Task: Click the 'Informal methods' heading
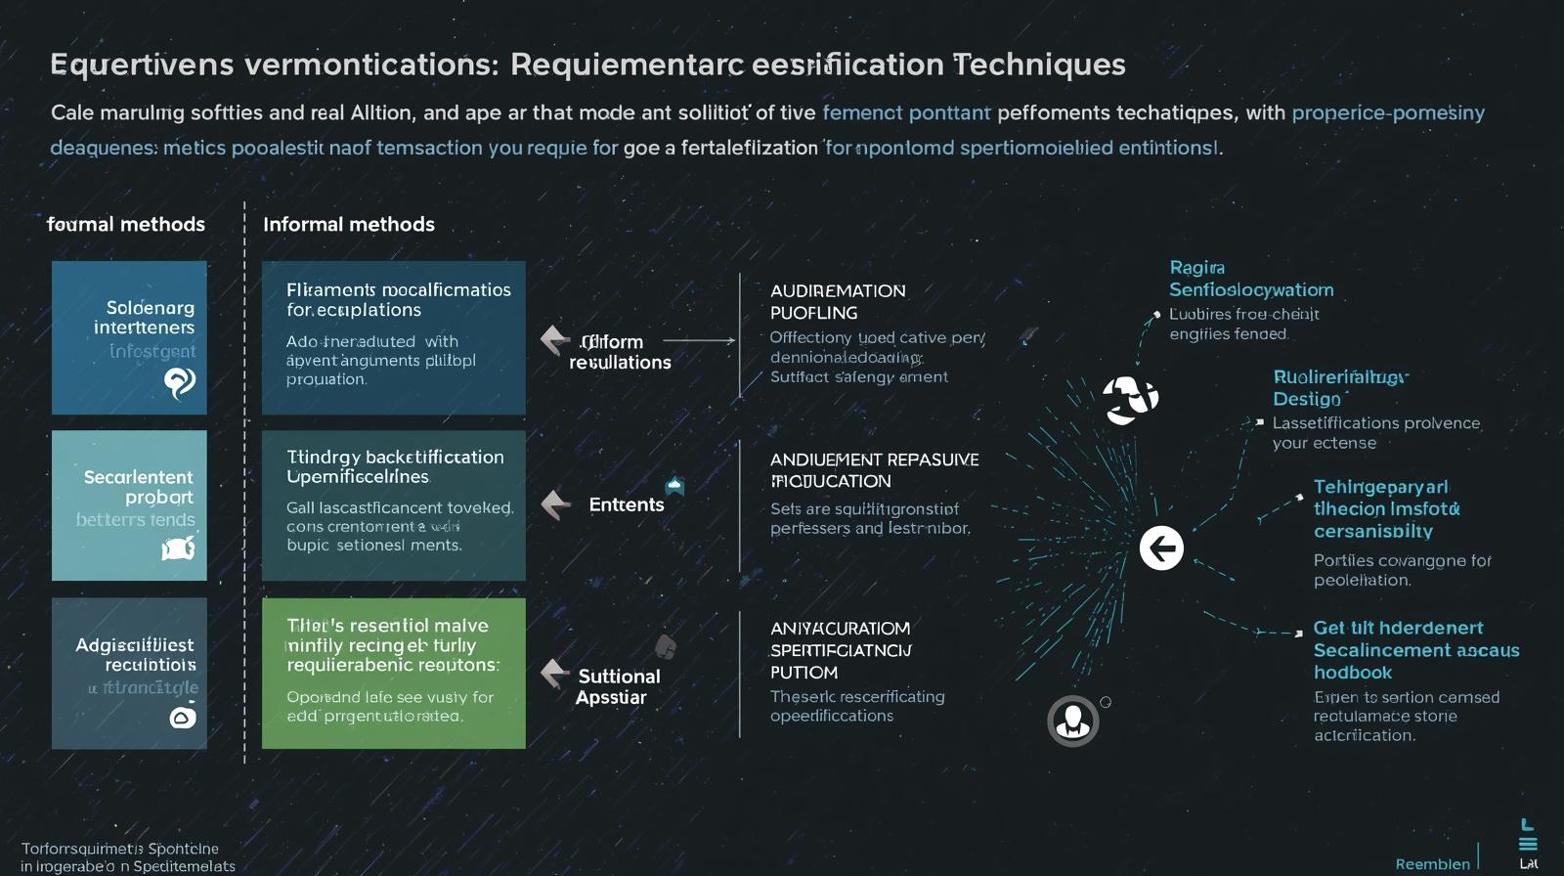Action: [348, 224]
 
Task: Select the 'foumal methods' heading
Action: [126, 224]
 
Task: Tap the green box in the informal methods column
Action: [393, 673]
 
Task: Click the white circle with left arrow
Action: [1161, 547]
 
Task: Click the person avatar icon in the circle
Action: [1073, 721]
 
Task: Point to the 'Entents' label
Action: [626, 504]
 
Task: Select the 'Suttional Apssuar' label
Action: [618, 686]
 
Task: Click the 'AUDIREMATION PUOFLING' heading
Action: [838, 301]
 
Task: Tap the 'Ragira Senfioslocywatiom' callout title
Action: [1250, 279]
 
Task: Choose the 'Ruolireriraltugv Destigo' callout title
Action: [1338, 387]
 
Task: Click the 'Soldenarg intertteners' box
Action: [129, 336]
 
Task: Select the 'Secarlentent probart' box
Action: [129, 504]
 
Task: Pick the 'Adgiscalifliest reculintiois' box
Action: [129, 673]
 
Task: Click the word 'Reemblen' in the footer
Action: [1432, 864]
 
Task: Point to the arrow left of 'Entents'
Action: [555, 504]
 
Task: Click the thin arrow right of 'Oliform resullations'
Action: [699, 340]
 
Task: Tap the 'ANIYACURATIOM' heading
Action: [840, 628]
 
